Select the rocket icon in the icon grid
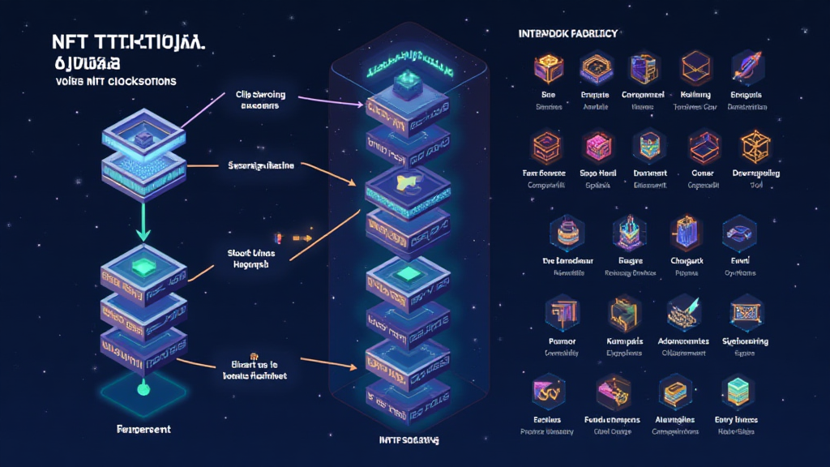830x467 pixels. [x=745, y=68]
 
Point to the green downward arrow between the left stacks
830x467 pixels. [x=143, y=221]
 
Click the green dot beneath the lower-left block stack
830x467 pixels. [x=143, y=389]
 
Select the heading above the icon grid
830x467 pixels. [x=567, y=33]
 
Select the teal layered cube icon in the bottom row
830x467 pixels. [x=737, y=392]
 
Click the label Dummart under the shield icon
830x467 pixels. [x=647, y=174]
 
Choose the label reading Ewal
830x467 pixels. [x=738, y=261]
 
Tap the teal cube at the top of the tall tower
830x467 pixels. [x=403, y=82]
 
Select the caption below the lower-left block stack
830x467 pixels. [x=143, y=429]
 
